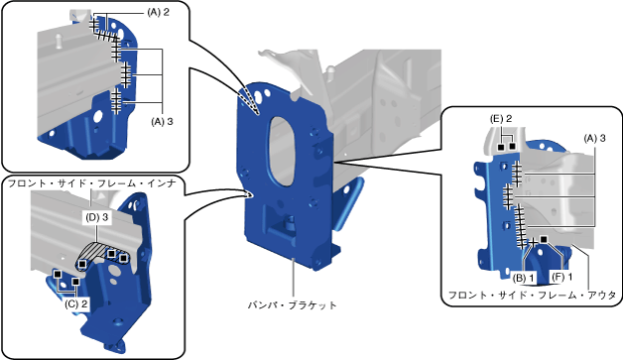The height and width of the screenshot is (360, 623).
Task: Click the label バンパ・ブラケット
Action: (293, 305)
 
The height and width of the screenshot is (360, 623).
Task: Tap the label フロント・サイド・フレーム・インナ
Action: (92, 183)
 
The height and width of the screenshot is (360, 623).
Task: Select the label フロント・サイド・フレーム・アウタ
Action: (532, 295)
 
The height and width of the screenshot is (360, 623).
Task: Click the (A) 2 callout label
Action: (158, 12)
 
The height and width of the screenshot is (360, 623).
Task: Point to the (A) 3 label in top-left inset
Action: (162, 122)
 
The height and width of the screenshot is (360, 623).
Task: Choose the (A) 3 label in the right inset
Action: (594, 138)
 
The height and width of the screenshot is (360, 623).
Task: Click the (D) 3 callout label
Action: (97, 217)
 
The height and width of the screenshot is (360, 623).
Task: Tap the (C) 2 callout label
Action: (76, 304)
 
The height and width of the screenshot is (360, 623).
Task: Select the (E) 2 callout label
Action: (501, 118)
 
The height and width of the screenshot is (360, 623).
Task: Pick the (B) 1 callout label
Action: (524, 278)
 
